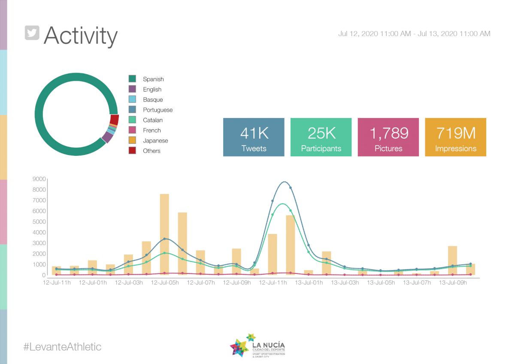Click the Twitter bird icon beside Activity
pyautogui.click(x=32, y=33)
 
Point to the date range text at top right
pyautogui.click(x=414, y=33)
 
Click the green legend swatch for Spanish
pyautogui.click(x=132, y=79)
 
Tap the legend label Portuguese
pyautogui.click(x=158, y=110)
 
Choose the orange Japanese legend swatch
pyautogui.click(x=132, y=140)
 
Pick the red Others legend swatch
pyautogui.click(x=132, y=151)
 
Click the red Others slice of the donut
pyautogui.click(x=114, y=120)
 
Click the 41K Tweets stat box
pyautogui.click(x=254, y=137)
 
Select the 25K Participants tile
pyautogui.click(x=321, y=137)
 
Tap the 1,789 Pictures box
pyautogui.click(x=388, y=137)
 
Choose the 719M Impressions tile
pyautogui.click(x=455, y=137)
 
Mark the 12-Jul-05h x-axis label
pyautogui.click(x=165, y=283)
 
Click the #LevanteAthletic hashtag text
pyautogui.click(x=62, y=346)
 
